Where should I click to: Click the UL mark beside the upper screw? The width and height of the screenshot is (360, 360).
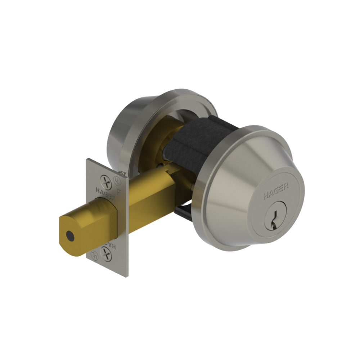click(x=116, y=177)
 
